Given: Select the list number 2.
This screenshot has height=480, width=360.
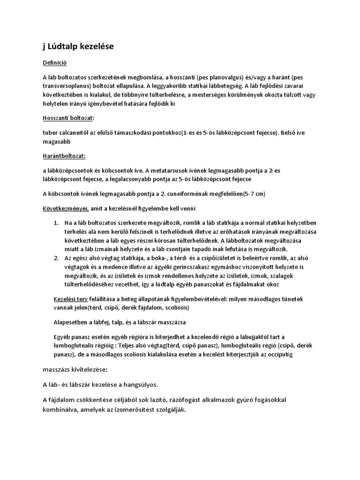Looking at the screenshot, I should click(x=56, y=258).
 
